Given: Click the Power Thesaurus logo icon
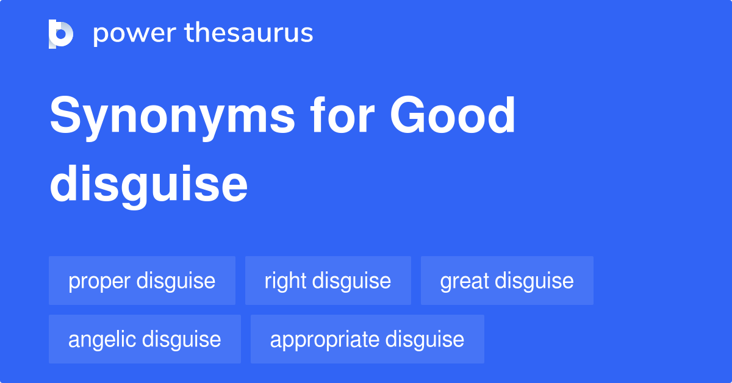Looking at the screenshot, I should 61,34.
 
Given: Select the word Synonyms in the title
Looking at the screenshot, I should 172,117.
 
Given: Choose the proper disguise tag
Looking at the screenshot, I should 142,281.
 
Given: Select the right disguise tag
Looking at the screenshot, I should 328,281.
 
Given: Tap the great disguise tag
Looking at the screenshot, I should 506,281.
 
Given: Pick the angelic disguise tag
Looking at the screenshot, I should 145,339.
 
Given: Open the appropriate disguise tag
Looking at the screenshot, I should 367,339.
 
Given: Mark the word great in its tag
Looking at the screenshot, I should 464,281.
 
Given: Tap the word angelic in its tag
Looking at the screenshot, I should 102,340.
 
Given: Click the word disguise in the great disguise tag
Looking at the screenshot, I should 534,281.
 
